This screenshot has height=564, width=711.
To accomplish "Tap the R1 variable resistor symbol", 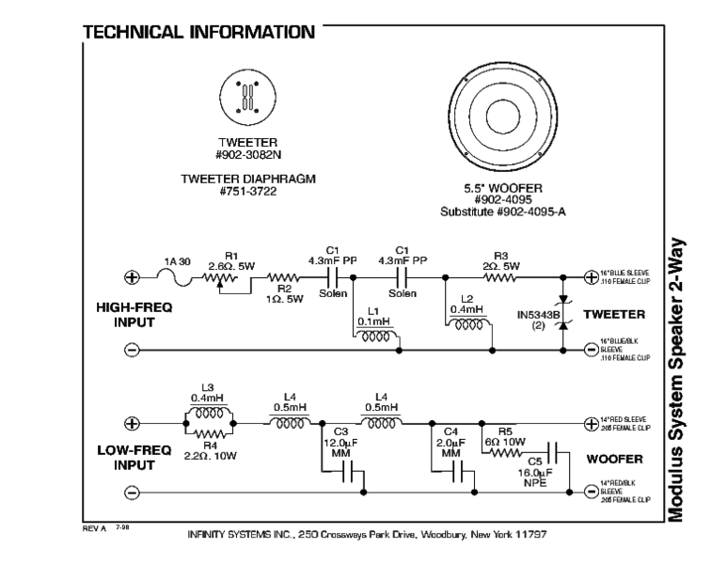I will click(x=224, y=278).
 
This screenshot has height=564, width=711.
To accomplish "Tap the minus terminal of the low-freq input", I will click(x=133, y=492).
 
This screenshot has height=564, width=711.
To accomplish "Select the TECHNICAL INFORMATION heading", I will click(x=199, y=34).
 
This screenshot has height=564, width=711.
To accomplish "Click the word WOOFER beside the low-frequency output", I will click(x=614, y=461).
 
